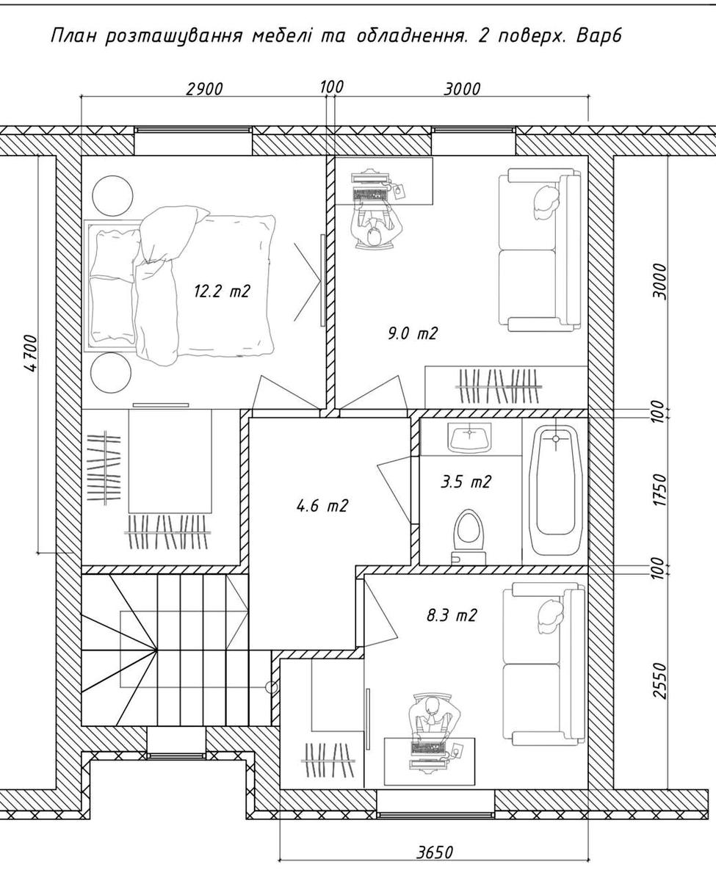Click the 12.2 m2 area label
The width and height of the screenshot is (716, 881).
[x=222, y=291]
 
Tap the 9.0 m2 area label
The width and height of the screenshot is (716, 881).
[x=413, y=333]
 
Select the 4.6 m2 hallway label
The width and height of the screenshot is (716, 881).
[x=322, y=505]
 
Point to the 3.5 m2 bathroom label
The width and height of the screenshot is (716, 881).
[x=466, y=482]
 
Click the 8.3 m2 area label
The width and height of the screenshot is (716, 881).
[x=452, y=615]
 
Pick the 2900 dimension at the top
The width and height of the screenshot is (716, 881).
[x=204, y=89]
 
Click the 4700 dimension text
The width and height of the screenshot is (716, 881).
[x=31, y=354]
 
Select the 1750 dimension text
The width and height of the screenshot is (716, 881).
[x=661, y=490]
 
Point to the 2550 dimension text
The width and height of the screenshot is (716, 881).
[x=661, y=681]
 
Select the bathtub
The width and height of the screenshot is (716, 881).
[x=555, y=492]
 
